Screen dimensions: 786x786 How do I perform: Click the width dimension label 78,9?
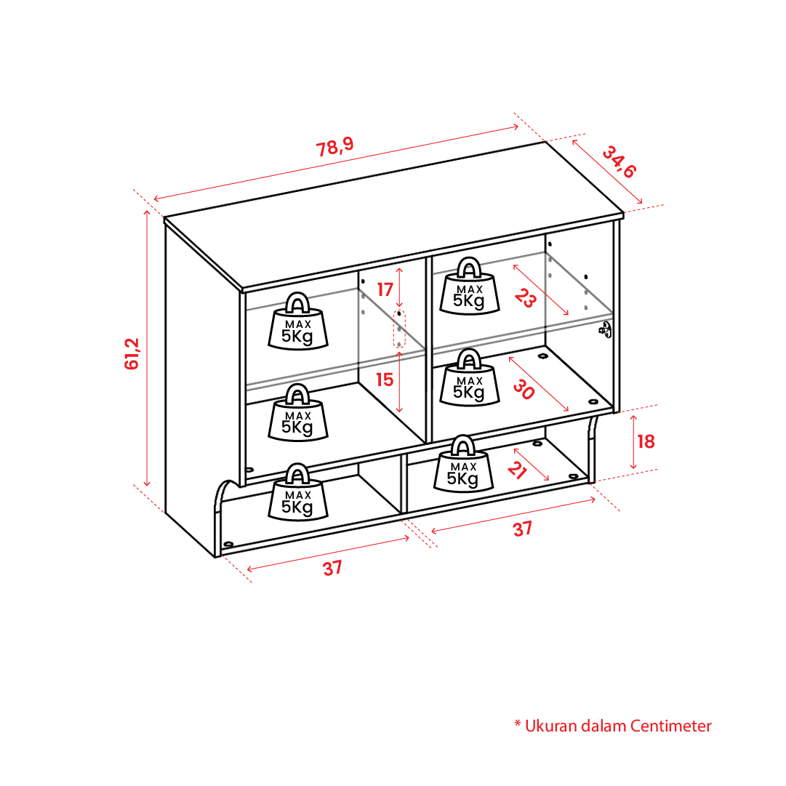(x=335, y=147)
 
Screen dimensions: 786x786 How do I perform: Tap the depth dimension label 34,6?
(x=619, y=162)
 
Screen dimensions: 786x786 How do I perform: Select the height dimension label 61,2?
(x=132, y=354)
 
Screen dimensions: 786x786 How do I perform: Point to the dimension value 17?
(x=385, y=289)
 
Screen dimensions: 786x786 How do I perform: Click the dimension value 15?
(x=385, y=380)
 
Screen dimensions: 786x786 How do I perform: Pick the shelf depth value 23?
(x=526, y=298)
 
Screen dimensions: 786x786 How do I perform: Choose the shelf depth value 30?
(x=524, y=390)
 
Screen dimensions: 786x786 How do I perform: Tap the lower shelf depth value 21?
(x=517, y=470)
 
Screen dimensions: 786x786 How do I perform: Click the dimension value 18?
(x=646, y=441)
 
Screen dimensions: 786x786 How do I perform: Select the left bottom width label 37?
(x=332, y=569)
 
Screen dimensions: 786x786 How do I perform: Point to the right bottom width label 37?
(x=522, y=529)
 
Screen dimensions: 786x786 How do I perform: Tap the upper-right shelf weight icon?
(x=470, y=286)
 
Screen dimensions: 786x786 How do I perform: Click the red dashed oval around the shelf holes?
(x=399, y=329)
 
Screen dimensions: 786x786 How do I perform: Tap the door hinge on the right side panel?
(x=606, y=330)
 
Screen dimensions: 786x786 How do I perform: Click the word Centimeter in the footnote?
(x=670, y=726)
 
